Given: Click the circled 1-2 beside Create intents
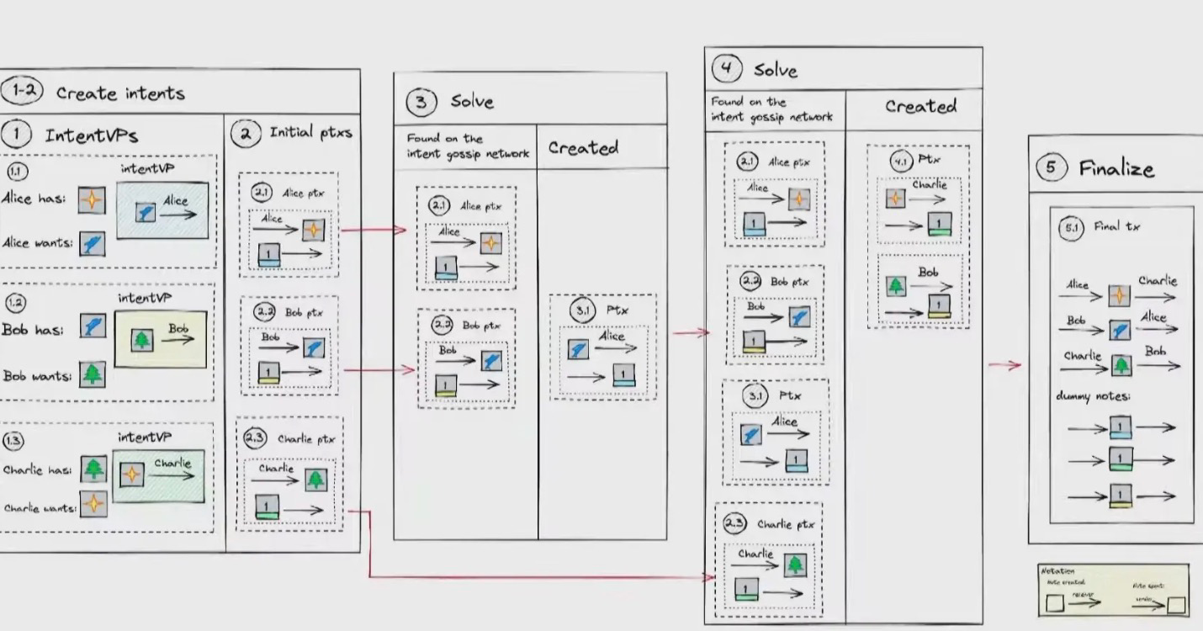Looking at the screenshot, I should [21, 90].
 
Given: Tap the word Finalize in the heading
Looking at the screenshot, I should [1116, 168].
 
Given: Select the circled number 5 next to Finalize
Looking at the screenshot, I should [1050, 167].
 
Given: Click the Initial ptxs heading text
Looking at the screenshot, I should [310, 133].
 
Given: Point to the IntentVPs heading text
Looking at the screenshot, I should [91, 135].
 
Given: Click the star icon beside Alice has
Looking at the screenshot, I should [93, 199].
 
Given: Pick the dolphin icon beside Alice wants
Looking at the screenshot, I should [93, 244].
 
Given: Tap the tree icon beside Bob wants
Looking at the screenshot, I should [93, 374].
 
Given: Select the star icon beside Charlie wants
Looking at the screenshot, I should [93, 505].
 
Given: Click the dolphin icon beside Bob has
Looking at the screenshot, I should [93, 326].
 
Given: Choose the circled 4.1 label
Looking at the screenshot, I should [901, 161].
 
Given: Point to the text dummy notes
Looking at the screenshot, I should [1093, 396].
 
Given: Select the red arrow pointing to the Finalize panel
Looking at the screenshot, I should [1004, 365].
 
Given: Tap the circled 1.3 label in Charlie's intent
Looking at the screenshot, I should [14, 440].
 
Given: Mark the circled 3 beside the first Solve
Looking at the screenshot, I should [421, 103].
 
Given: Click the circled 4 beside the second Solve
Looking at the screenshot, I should [727, 68].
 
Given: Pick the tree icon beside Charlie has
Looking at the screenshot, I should [93, 469].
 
